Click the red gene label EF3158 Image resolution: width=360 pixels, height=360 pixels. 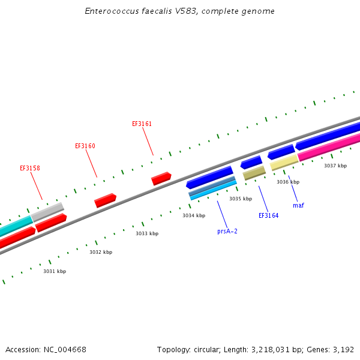coord(30,169)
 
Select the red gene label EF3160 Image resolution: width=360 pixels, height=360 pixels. coord(85,146)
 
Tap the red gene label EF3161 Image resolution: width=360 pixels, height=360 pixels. coord(142,124)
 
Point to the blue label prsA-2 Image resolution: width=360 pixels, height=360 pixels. coord(227,231)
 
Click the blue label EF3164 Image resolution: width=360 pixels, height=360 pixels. coord(268,215)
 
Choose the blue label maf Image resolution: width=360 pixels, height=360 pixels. coord(298,205)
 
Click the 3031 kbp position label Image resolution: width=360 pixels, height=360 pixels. coord(55,271)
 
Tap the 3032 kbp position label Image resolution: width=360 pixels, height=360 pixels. coord(101,253)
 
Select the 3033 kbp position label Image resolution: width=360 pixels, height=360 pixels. coord(147,233)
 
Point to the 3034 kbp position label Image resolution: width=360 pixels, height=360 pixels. coord(194,215)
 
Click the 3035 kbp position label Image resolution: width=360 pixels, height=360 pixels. coord(240,199)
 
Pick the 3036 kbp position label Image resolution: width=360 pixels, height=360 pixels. coord(288,182)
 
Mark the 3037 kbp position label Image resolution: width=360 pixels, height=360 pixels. coord(335,166)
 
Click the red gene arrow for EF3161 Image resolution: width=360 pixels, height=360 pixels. coord(161,178)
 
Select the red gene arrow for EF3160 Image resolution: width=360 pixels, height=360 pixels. coord(105,200)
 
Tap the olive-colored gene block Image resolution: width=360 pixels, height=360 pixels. coord(254,173)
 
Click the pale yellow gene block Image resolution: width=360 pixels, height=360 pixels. coord(284,162)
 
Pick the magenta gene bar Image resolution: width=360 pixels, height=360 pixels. coord(329,147)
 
